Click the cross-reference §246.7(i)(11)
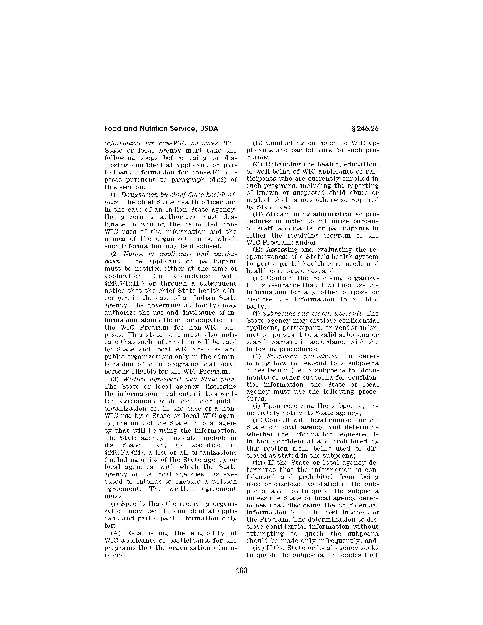123,284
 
